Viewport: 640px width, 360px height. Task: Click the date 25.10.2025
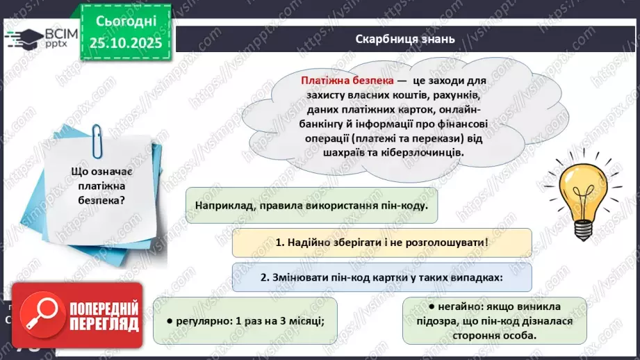pyautogui.click(x=125, y=44)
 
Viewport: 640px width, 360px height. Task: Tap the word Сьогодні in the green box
pyautogui.click(x=125, y=21)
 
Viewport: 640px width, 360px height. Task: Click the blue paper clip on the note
pyautogui.click(x=97, y=144)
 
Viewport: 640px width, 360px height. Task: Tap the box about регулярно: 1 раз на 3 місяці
pyautogui.click(x=247, y=320)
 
